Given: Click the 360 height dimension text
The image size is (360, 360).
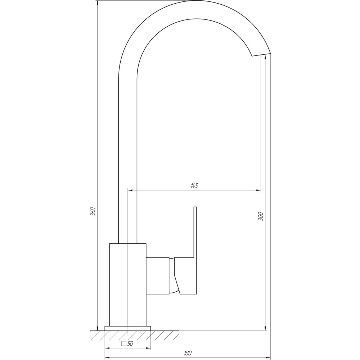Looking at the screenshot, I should tap(93, 211).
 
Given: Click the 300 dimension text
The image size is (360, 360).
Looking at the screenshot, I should tap(261, 216).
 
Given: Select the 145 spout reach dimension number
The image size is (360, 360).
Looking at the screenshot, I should tap(194, 186).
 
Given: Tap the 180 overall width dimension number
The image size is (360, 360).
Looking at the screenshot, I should tap(187, 353).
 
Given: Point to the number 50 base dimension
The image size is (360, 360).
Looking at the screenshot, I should tap(130, 344).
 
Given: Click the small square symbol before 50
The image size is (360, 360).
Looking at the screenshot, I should tap(124, 344).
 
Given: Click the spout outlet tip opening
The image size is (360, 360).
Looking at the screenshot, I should tap(260, 54).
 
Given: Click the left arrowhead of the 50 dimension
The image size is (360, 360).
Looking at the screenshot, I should tap(107, 348).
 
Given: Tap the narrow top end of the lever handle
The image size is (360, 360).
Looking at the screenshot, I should tap(195, 208).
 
